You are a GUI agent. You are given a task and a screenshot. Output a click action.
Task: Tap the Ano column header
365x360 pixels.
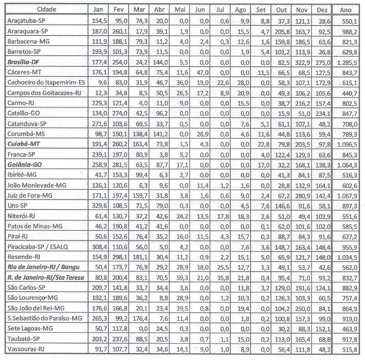pos(348,9)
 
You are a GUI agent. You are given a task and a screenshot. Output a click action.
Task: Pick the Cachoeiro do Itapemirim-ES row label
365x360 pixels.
pos(48,82)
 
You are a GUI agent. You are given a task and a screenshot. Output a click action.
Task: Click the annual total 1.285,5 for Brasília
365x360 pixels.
pos(348,62)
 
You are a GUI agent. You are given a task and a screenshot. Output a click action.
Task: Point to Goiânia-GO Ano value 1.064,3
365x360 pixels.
pos(348,164)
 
